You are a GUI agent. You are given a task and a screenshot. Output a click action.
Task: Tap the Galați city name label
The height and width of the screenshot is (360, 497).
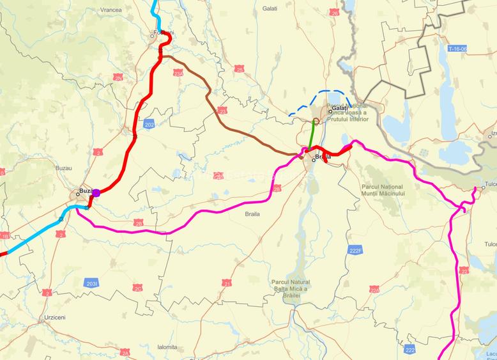(339, 109)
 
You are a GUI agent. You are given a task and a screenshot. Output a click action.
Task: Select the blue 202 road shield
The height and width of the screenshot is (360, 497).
(149, 123)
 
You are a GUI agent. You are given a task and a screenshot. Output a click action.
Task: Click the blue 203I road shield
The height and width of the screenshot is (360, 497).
(92, 282)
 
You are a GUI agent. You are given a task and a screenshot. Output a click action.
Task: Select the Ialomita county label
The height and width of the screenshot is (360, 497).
(167, 347)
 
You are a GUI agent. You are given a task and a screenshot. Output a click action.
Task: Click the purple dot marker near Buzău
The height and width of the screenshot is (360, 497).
(96, 192)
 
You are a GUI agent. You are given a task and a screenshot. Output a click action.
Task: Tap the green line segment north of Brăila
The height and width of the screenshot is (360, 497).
(311, 137)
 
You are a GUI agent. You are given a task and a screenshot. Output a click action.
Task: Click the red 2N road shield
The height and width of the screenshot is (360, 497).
(118, 77)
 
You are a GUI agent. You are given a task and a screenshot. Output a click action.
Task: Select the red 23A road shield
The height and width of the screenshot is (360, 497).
(178, 74)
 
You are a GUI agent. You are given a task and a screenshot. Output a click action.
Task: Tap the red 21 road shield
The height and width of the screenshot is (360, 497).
(227, 282)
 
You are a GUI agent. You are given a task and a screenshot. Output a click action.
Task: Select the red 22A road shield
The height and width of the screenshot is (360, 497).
(374, 290)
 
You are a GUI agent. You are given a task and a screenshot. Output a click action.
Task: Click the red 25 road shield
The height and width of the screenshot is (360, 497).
(239, 68)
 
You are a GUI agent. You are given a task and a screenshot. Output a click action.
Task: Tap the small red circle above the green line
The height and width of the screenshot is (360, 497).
(316, 120)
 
